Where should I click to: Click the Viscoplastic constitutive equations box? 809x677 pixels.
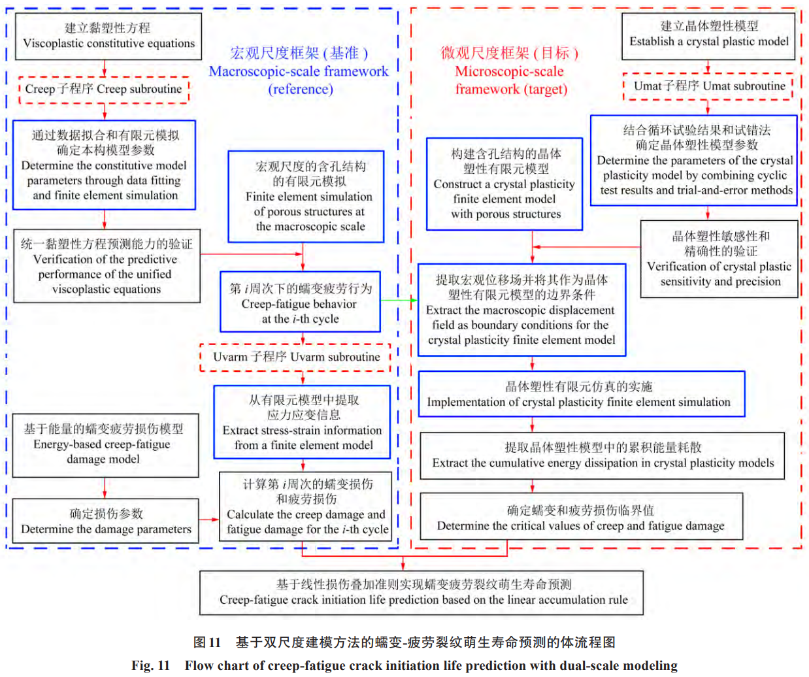pyautogui.click(x=108, y=36)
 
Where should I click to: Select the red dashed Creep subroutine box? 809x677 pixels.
pyautogui.click(x=104, y=90)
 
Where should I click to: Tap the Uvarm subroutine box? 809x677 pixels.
pyautogui.click(x=295, y=357)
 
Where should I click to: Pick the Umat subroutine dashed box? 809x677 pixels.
pyautogui.click(x=708, y=86)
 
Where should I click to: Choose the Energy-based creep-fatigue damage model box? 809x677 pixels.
pyautogui.click(x=105, y=444)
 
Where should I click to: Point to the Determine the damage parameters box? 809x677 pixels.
pyautogui.click(x=105, y=521)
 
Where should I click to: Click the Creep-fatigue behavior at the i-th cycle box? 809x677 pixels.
pyautogui.click(x=300, y=303)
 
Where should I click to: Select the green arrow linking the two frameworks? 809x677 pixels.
pyautogui.click(x=399, y=301)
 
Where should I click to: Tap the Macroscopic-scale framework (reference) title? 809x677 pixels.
pyautogui.click(x=299, y=71)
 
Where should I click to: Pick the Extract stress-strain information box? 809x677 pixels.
pyautogui.click(x=302, y=422)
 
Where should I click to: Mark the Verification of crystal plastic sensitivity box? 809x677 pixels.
pyautogui.click(x=719, y=259)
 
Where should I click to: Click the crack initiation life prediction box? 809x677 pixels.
pyautogui.click(x=421, y=592)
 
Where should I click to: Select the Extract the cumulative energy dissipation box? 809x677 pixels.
pyautogui.click(x=602, y=455)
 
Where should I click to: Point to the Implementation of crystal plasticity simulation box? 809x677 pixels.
pyautogui.click(x=581, y=394)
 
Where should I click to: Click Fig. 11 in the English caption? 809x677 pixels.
pyautogui.click(x=150, y=665)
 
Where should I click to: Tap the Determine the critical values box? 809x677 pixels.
pyautogui.click(x=580, y=517)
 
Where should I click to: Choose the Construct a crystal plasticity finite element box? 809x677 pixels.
pyautogui.click(x=504, y=184)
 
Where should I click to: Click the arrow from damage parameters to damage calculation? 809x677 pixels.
pyautogui.click(x=209, y=520)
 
